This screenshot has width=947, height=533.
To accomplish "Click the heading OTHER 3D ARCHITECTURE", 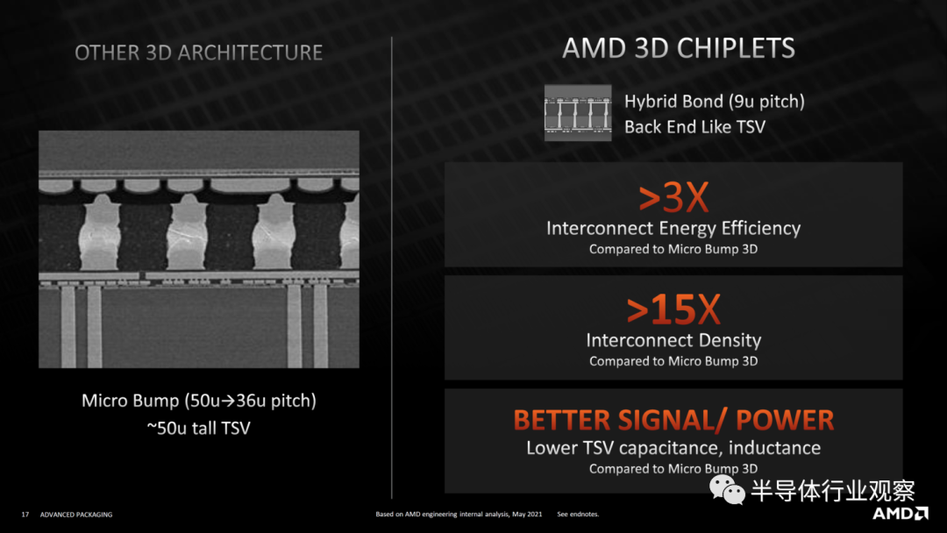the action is click(199, 53).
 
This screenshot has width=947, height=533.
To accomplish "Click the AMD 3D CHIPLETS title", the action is click(678, 48).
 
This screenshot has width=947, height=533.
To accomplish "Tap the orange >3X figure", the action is click(673, 197).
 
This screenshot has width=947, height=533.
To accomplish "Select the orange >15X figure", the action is click(673, 309).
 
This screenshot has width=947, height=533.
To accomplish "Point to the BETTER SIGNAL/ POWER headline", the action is click(673, 420).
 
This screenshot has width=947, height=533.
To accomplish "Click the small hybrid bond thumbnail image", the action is click(578, 113).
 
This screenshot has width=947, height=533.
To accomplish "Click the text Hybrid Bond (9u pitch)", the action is click(715, 102).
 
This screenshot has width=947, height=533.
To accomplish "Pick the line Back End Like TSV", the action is click(694, 127).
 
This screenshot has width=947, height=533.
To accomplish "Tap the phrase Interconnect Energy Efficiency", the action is click(673, 228).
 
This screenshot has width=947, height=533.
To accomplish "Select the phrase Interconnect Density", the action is click(673, 340).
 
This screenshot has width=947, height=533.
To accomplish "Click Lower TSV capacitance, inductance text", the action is click(673, 448).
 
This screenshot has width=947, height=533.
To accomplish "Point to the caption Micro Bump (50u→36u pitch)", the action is click(199, 401).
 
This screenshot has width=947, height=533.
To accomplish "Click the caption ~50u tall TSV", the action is click(199, 428).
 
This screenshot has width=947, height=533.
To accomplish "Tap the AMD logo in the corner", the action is click(900, 514).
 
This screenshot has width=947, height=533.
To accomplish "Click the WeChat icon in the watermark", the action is click(727, 489).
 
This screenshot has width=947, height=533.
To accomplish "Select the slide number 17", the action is click(25, 515).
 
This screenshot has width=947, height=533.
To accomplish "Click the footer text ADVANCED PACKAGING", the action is click(76, 515).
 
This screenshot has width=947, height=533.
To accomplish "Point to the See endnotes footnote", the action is click(578, 515).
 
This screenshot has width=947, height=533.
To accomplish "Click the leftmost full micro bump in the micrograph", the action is click(100, 232).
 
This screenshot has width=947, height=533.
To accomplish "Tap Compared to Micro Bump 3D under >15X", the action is click(673, 361).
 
